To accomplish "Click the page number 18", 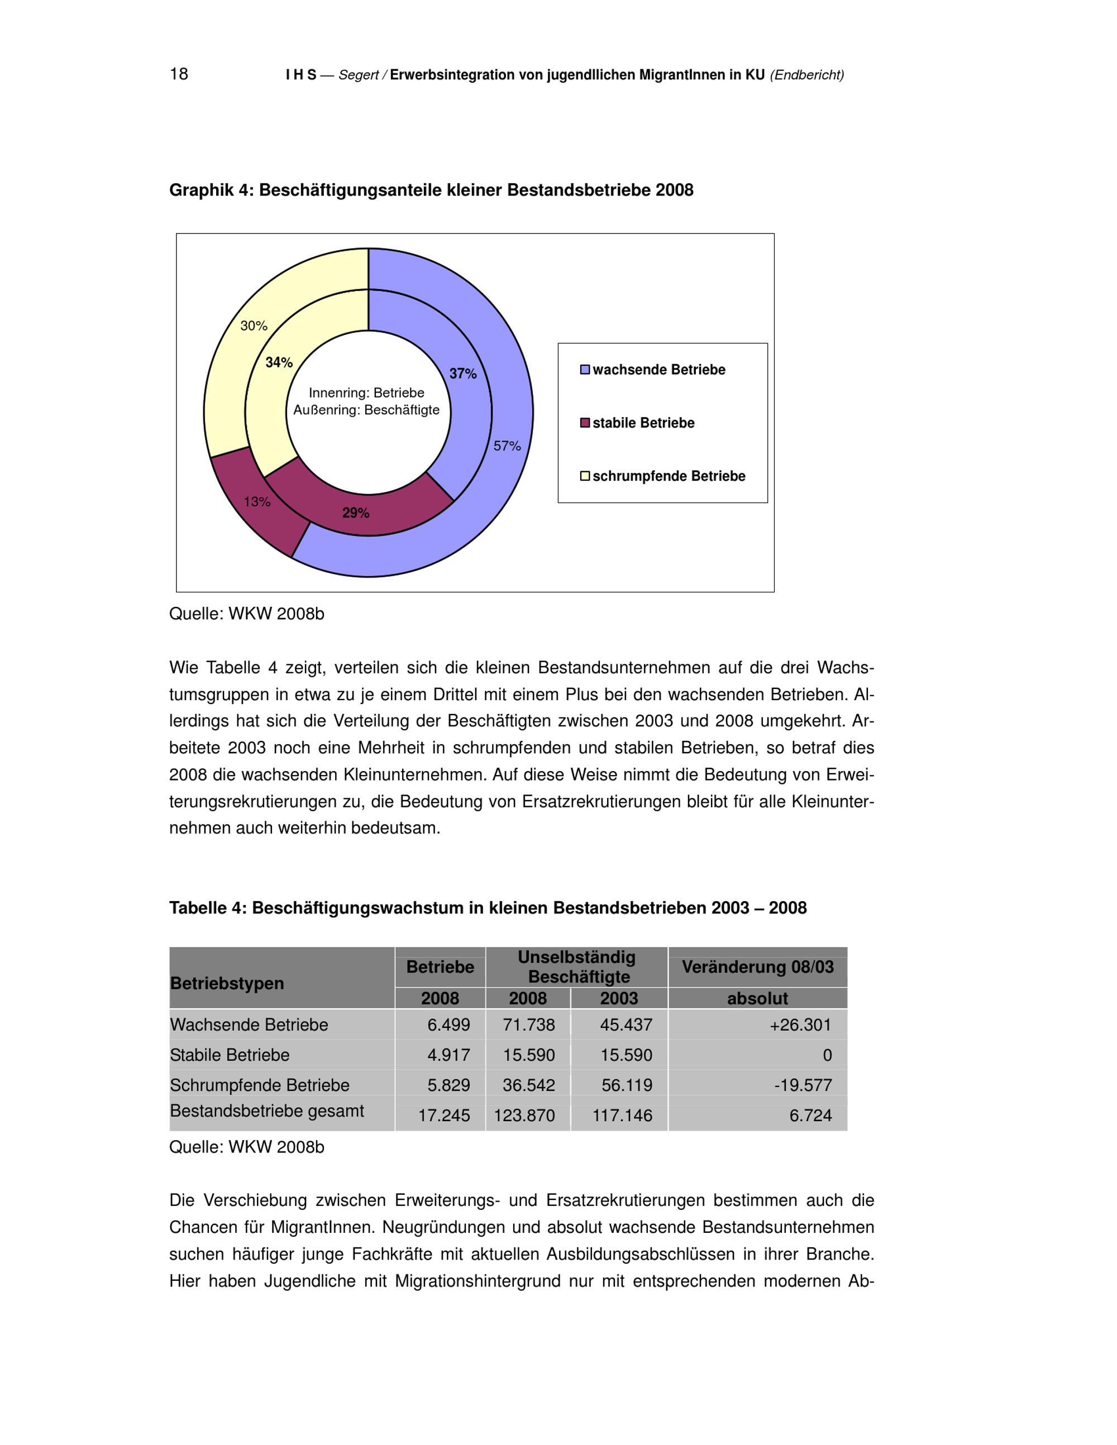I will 179,74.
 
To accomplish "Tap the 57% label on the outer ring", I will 507,446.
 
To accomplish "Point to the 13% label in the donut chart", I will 257,501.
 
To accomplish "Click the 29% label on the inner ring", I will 356,513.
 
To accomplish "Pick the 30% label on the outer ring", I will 254,326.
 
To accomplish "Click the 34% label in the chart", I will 279,362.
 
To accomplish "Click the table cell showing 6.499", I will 448,1025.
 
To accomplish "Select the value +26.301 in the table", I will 800,1025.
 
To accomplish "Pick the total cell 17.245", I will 444,1116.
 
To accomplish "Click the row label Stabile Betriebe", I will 230,1055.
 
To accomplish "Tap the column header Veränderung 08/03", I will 758,967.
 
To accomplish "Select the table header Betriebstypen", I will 227,983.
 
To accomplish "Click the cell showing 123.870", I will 524,1116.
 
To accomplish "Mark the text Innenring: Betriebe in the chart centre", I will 366,393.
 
